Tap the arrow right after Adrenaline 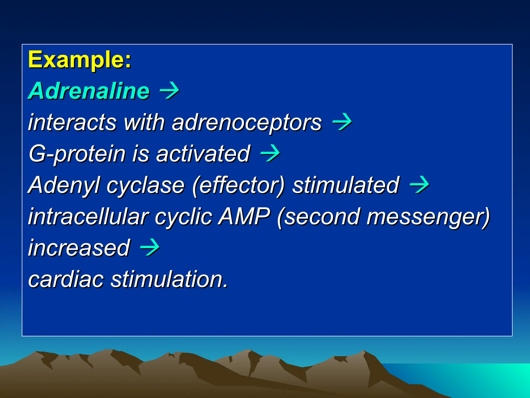point(169,91)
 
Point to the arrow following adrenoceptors point(342,122)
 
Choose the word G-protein point(77,154)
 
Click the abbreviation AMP point(244,217)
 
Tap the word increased point(79,248)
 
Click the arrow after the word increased point(150,248)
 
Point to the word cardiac point(66,279)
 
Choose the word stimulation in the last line point(170,279)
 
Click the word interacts point(72,123)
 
